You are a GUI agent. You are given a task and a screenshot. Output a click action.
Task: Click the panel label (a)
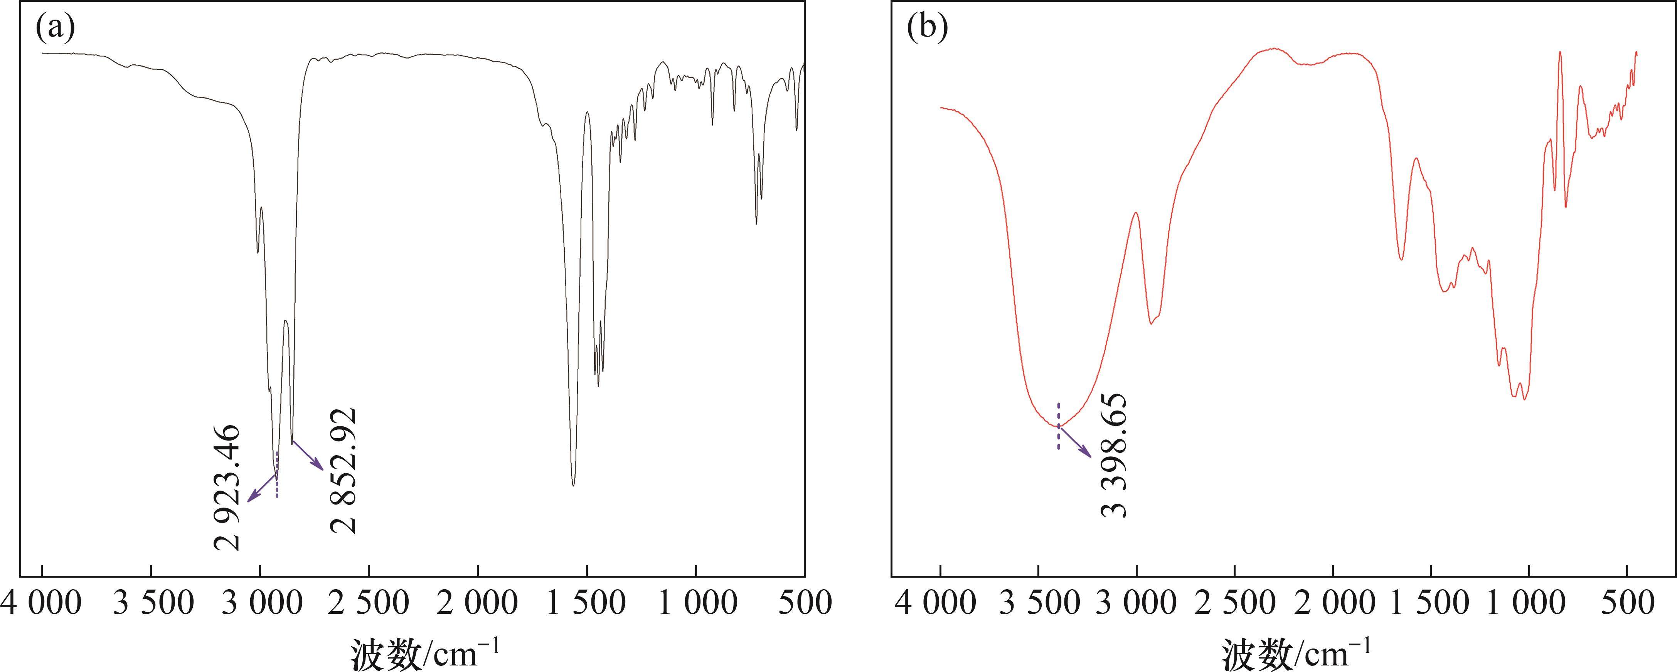pyautogui.click(x=56, y=28)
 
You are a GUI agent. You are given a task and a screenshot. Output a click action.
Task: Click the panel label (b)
pyautogui.click(x=927, y=28)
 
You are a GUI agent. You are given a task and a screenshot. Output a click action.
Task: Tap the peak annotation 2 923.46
pyautogui.click(x=227, y=487)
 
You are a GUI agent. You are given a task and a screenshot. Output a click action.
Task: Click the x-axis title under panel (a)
pyautogui.click(x=426, y=652)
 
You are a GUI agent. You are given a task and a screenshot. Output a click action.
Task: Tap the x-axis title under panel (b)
pyautogui.click(x=1297, y=652)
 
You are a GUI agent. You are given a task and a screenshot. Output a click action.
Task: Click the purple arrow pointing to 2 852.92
pyautogui.click(x=307, y=455)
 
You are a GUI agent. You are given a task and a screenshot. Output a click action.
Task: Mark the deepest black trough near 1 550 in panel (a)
pyautogui.click(x=573, y=484)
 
